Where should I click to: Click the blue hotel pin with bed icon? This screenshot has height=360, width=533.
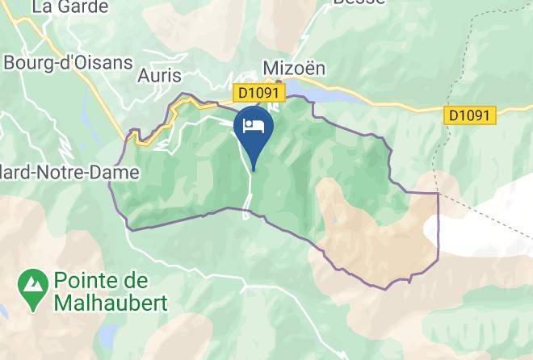tap(253, 129)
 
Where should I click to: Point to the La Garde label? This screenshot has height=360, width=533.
tap(69, 7)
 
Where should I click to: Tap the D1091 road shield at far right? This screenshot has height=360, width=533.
tap(468, 115)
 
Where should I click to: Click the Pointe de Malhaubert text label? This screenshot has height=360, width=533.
tap(110, 293)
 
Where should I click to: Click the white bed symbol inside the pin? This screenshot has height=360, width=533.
tap(253, 126)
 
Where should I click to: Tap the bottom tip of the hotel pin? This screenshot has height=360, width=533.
tap(254, 170)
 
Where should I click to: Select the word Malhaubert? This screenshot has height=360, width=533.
tap(110, 303)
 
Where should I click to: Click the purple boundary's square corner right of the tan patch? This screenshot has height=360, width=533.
tap(438, 194)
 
